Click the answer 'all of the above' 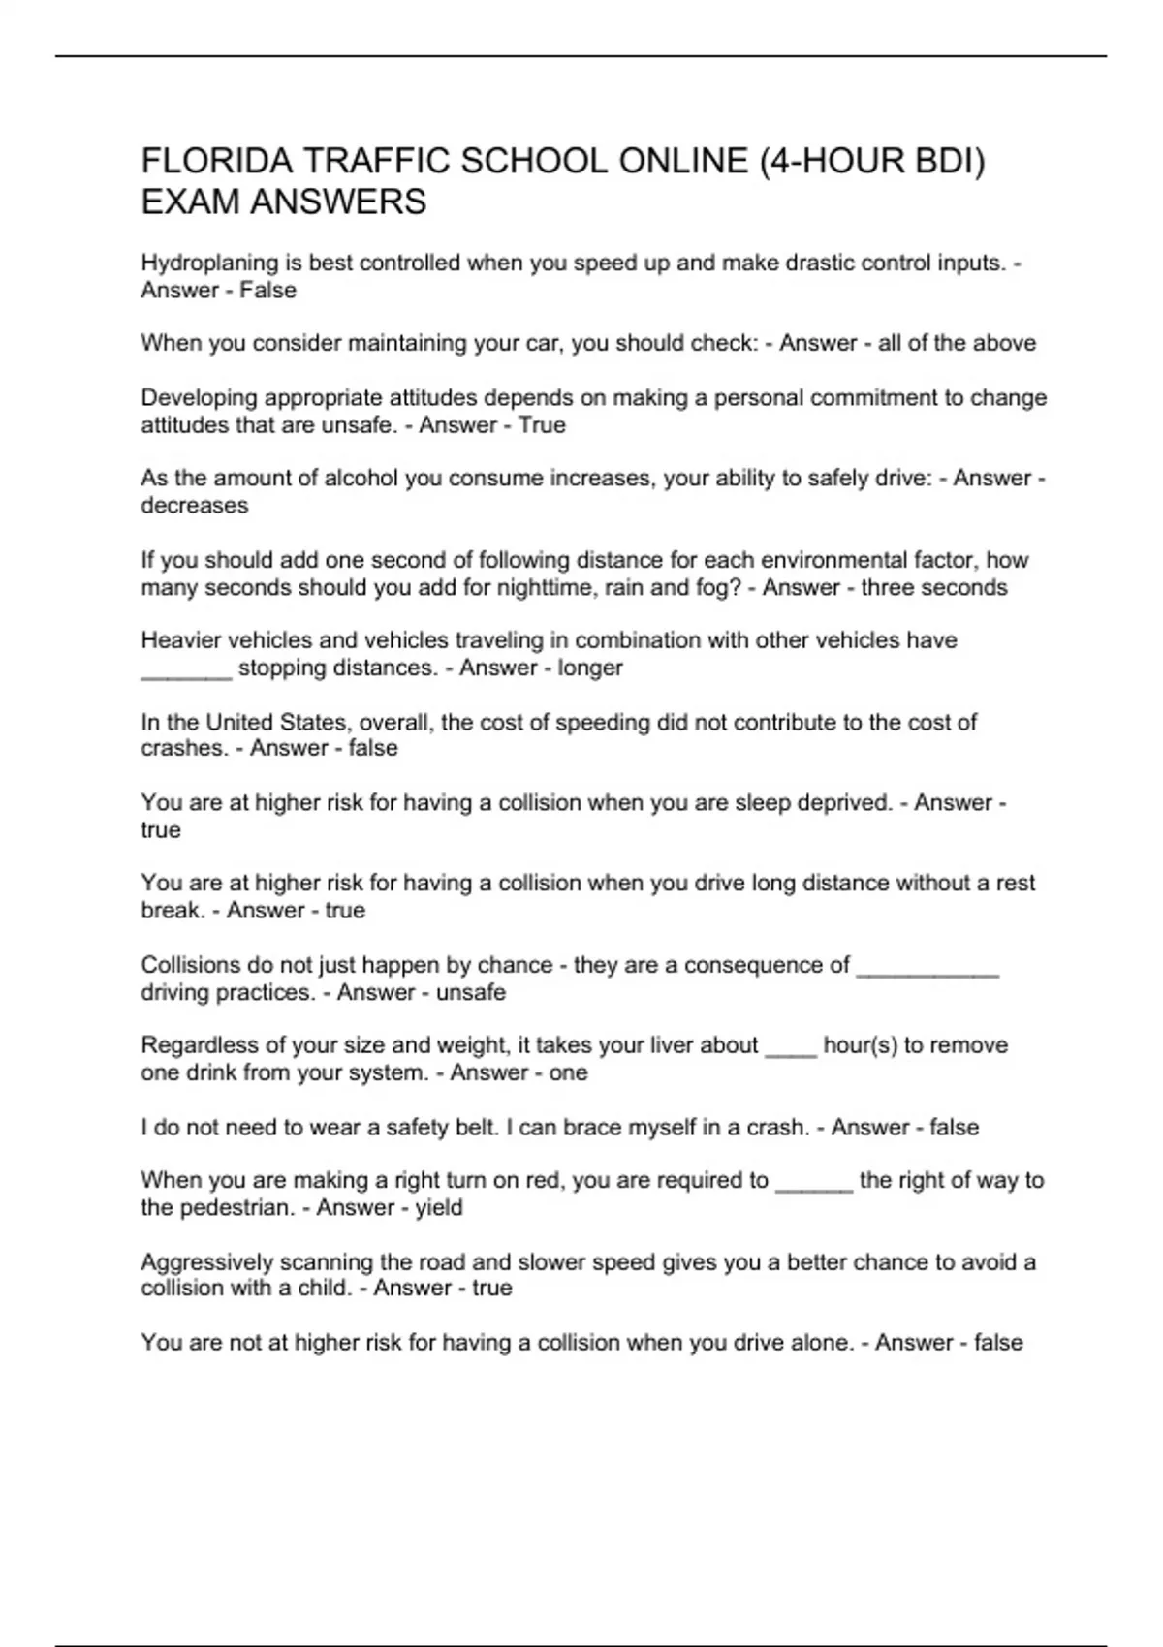click(x=957, y=343)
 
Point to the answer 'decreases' click(x=195, y=506)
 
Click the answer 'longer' click(x=590, y=668)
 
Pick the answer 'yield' click(x=439, y=1207)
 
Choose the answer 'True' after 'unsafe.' click(x=542, y=425)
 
